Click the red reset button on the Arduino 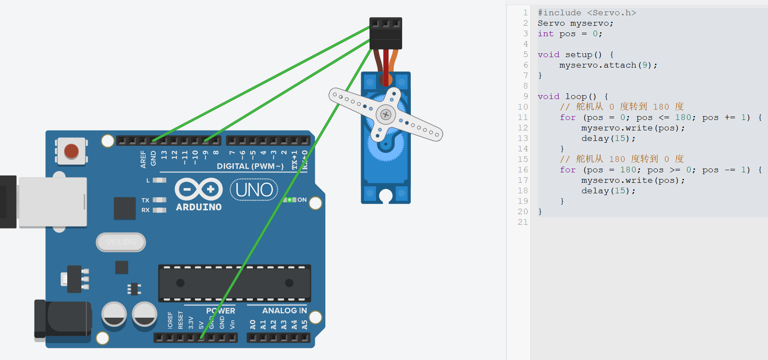(x=71, y=151)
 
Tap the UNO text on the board (x=254, y=190)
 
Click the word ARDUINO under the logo (x=199, y=207)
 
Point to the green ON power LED (x=289, y=200)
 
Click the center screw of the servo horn (x=386, y=115)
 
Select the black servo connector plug (x=386, y=34)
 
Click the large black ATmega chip (x=235, y=283)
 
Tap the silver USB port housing (x=52, y=202)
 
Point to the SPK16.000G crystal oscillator (x=121, y=242)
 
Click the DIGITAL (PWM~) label (x=250, y=166)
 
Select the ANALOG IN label (x=284, y=311)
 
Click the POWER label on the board (x=221, y=311)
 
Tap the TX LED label (x=145, y=200)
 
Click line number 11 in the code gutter (x=522, y=117)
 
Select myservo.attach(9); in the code (x=608, y=65)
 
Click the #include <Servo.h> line (x=587, y=13)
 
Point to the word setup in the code (x=579, y=55)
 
